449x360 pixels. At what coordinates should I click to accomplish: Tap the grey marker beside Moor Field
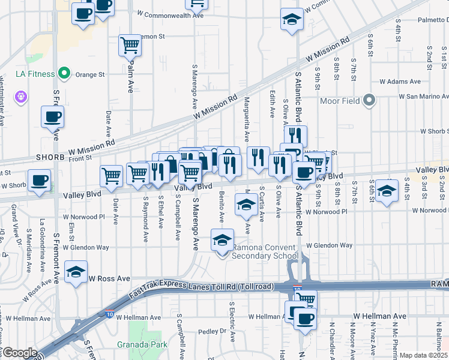coord(369,101)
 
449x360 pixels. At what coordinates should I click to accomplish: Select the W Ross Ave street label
coord(110,279)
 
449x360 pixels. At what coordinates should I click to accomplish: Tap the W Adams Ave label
coord(399,82)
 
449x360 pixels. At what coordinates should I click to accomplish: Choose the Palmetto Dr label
coord(428,19)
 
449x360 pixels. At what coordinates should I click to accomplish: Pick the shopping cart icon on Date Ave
coord(111,175)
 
